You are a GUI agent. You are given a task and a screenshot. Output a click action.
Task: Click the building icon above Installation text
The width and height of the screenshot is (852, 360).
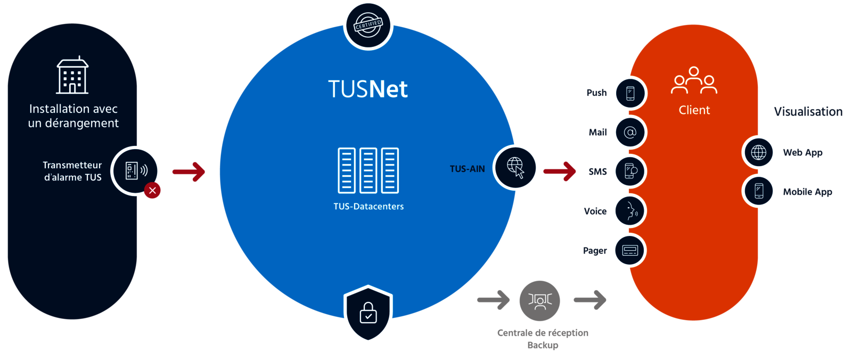coord(72,76)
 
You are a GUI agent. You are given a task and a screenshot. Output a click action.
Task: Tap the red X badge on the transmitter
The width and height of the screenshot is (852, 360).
coord(152,190)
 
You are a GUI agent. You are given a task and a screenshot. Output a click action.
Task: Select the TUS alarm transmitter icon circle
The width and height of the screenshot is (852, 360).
coord(135,170)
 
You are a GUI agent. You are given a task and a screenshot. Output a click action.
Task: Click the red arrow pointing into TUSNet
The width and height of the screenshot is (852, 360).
coord(189,171)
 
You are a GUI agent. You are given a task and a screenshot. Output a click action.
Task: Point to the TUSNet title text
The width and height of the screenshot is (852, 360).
coord(367,89)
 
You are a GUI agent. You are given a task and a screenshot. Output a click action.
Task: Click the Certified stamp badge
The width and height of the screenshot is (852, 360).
coord(368,25)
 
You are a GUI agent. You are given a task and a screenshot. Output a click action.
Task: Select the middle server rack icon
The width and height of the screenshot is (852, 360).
coord(368,170)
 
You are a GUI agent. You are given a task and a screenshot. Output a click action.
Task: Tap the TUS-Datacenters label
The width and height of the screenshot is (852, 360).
coord(368,207)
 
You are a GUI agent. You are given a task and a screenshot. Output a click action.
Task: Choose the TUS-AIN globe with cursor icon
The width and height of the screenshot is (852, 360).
coord(515,167)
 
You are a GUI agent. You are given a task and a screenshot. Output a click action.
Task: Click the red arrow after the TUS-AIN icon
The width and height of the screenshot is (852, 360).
coord(560,171)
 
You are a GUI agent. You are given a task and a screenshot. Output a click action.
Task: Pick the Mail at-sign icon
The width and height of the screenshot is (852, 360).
coord(629,132)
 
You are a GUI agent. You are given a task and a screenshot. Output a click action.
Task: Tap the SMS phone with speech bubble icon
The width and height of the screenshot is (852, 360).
coord(629,171)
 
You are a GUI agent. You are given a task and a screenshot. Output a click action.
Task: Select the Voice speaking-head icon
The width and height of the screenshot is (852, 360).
coord(629,211)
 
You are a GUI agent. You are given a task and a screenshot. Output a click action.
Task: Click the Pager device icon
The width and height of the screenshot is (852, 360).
coord(629,250)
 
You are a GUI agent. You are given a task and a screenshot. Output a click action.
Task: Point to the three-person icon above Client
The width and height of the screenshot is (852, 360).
coord(694,81)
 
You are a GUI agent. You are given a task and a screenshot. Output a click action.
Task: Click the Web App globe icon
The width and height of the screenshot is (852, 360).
coord(759,152)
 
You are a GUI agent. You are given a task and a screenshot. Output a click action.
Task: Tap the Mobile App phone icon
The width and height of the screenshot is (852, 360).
coord(759,191)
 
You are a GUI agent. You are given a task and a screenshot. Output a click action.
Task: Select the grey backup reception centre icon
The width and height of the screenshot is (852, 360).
coord(539,300)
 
